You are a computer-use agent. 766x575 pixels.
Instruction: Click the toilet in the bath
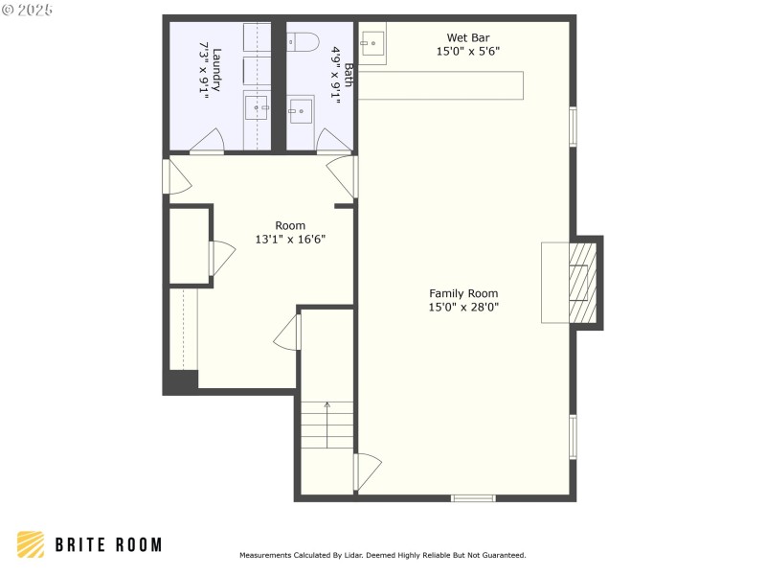pos(304,42)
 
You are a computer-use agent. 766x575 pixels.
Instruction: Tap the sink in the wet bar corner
pos(373,43)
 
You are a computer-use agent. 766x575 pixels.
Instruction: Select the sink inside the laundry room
pos(257,108)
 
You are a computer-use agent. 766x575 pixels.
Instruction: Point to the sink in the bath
pos(302,110)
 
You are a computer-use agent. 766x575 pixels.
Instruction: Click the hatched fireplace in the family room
pos(583,283)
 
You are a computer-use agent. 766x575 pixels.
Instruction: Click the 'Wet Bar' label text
pos(468,38)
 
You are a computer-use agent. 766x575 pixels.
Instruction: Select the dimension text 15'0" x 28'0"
pos(463,308)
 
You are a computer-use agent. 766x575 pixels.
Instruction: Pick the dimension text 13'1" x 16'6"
pos(290,240)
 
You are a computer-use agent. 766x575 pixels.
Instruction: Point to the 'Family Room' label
pos(463,293)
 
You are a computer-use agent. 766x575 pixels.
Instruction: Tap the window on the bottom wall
pos(473,497)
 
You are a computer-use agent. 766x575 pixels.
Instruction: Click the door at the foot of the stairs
pos(367,471)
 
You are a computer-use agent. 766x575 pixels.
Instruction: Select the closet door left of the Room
pos(220,259)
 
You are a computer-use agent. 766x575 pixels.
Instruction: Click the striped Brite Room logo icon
pos(31,544)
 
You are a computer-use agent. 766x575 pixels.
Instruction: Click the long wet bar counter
pos(442,84)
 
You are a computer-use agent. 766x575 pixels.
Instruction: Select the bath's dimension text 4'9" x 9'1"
pos(336,73)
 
